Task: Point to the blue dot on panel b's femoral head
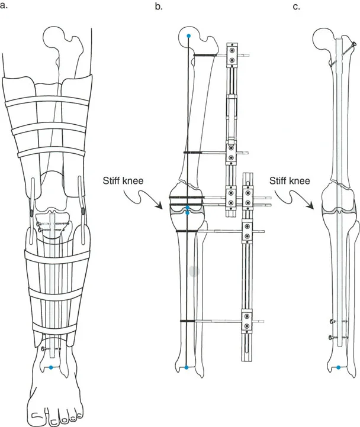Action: [189, 37]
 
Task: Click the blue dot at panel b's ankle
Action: [187, 368]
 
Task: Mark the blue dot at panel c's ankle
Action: [338, 367]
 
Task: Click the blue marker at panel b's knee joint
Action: [187, 210]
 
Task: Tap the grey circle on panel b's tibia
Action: [194, 271]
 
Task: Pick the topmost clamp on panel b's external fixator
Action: [232, 57]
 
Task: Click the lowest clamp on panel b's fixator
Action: [246, 322]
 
